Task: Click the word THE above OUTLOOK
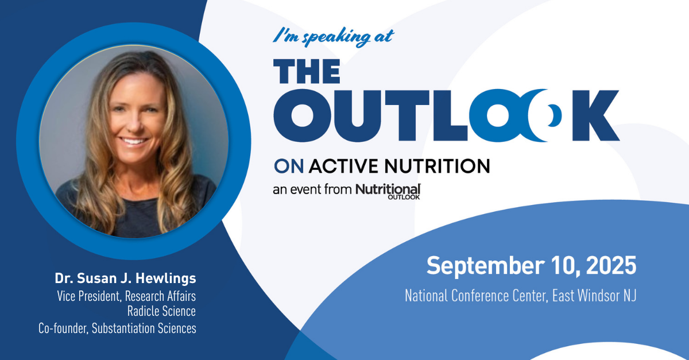(x=307, y=71)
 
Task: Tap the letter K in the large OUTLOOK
(x=596, y=115)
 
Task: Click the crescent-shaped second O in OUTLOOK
(x=544, y=115)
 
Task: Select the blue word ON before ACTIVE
(x=289, y=166)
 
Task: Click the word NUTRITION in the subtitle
(x=437, y=166)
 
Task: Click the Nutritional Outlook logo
(x=388, y=191)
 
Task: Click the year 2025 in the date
(x=611, y=265)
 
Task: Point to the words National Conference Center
(x=477, y=296)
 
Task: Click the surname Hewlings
(x=166, y=278)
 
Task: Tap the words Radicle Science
(x=161, y=311)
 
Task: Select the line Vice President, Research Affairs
(x=126, y=296)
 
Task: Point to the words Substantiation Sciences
(x=144, y=328)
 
